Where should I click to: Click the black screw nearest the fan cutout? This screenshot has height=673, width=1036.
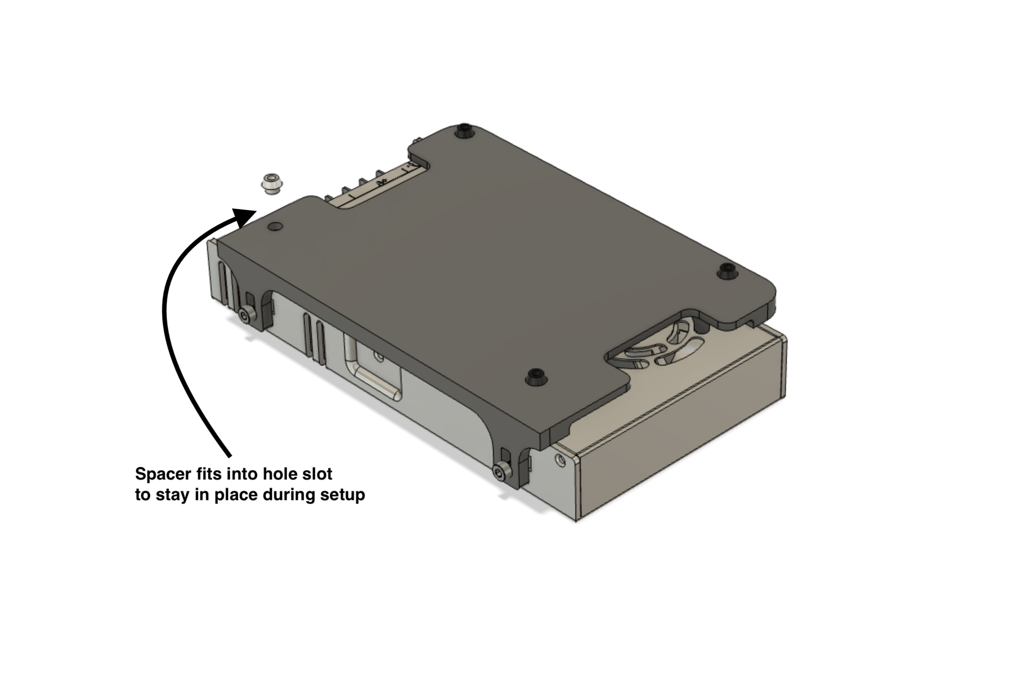(535, 376)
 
